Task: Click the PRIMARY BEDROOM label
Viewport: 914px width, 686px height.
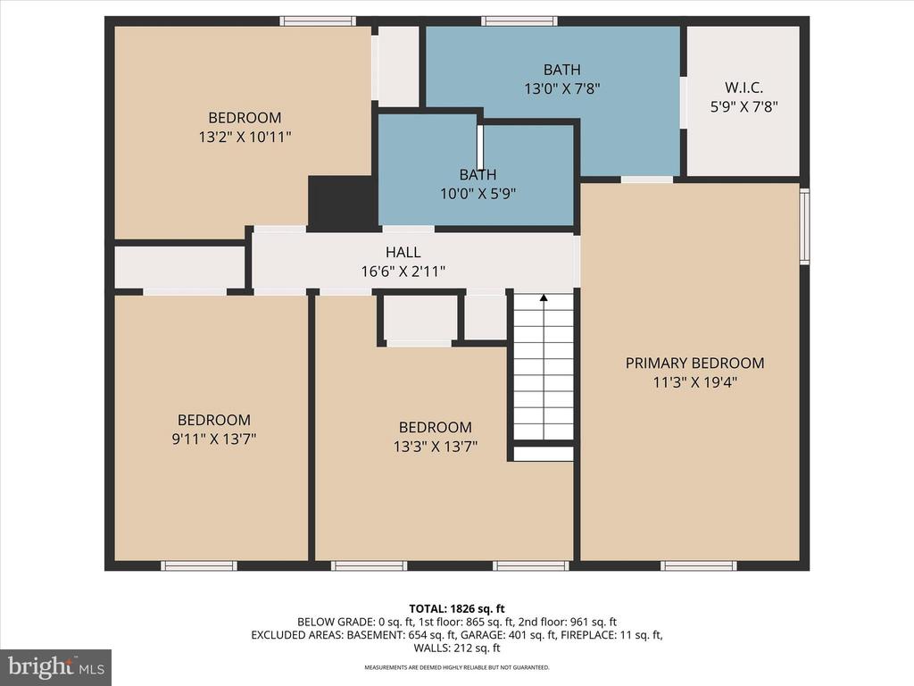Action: [x=694, y=363]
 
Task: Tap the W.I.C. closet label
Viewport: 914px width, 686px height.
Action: [x=744, y=88]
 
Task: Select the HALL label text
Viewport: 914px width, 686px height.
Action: [x=403, y=252]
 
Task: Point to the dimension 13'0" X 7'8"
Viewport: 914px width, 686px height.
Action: [x=562, y=88]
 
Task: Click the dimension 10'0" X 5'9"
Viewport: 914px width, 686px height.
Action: [x=478, y=193]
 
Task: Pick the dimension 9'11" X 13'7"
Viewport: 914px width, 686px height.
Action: [x=214, y=439]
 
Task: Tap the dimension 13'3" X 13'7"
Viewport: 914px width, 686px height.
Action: [x=436, y=447]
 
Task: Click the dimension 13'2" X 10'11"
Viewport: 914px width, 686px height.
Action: [x=245, y=137]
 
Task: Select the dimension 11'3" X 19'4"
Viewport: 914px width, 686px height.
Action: [x=694, y=382]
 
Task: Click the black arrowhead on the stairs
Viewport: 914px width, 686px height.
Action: [x=544, y=298]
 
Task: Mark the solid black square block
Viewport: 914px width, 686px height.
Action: [x=343, y=203]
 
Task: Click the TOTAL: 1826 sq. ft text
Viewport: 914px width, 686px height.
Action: [x=456, y=609]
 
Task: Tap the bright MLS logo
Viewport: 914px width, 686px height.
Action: [x=56, y=667]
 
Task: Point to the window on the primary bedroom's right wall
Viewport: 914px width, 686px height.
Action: [x=804, y=226]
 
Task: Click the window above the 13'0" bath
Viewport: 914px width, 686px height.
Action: [x=519, y=21]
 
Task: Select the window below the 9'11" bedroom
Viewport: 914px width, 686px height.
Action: [x=199, y=565]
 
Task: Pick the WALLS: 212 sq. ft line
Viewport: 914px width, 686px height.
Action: [x=457, y=648]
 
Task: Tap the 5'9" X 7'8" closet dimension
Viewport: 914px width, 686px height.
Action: [x=744, y=107]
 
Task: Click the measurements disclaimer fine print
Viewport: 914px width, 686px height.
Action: [x=457, y=667]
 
